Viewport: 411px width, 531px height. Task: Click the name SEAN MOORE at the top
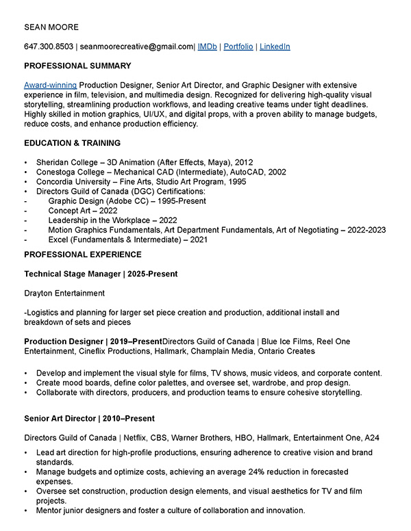pyautogui.click(x=51, y=27)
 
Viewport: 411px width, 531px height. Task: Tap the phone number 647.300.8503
pyautogui.click(x=49, y=47)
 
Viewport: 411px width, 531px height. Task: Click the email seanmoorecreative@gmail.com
pyautogui.click(x=137, y=47)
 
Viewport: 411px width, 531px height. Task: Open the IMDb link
pyautogui.click(x=208, y=47)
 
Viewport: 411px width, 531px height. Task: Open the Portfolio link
pyautogui.click(x=238, y=47)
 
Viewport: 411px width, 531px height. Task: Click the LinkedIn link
pyautogui.click(x=275, y=47)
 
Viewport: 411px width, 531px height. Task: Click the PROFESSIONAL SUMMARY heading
pyautogui.click(x=77, y=66)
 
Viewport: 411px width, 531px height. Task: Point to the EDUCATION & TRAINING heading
pyautogui.click(x=72, y=143)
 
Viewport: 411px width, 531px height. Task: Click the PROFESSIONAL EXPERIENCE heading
pyautogui.click(x=83, y=255)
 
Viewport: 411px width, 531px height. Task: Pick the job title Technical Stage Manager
pyautogui.click(x=71, y=274)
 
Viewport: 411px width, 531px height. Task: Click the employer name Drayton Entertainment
pyautogui.click(x=64, y=293)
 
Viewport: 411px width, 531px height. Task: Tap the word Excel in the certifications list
pyautogui.click(x=59, y=239)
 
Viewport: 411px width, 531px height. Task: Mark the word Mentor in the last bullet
pyautogui.click(x=49, y=510)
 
